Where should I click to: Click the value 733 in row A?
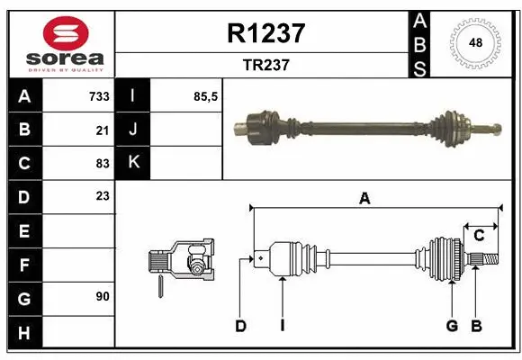[98, 96]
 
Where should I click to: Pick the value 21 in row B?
[102, 130]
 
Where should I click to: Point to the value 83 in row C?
[102, 163]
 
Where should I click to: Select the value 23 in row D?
[102, 195]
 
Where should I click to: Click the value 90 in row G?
[102, 295]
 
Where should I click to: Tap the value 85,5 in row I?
[206, 96]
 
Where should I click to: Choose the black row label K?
[133, 163]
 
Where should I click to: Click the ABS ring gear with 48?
[474, 43]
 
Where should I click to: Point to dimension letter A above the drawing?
[364, 199]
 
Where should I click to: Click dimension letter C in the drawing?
[479, 236]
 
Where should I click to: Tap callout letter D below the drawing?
[240, 326]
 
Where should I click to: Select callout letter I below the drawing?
[282, 326]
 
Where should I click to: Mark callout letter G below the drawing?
[453, 326]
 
